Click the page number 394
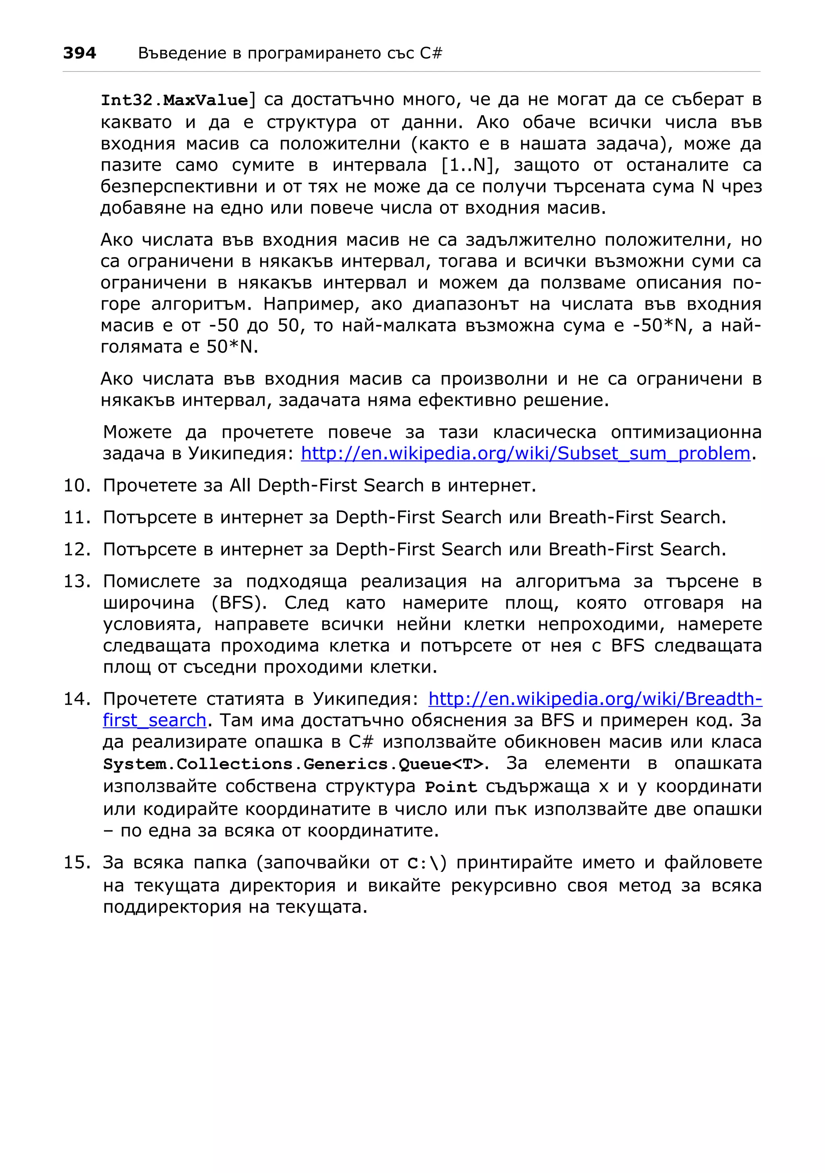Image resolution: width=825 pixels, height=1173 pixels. [x=79, y=53]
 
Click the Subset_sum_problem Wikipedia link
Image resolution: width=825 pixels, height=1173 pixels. [x=525, y=454]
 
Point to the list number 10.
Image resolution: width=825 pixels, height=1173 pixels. [x=77, y=485]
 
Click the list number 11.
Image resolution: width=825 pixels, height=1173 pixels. [x=77, y=518]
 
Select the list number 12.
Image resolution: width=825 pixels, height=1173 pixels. [x=77, y=549]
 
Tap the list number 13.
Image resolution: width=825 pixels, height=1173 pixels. [x=77, y=581]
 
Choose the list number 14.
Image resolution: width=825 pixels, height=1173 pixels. [x=77, y=699]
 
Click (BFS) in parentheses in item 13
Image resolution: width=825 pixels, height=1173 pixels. [x=239, y=603]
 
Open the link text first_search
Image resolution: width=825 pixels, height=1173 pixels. [x=154, y=721]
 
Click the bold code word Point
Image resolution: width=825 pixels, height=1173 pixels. [x=451, y=787]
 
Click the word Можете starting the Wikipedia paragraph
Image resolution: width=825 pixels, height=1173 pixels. [x=137, y=432]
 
